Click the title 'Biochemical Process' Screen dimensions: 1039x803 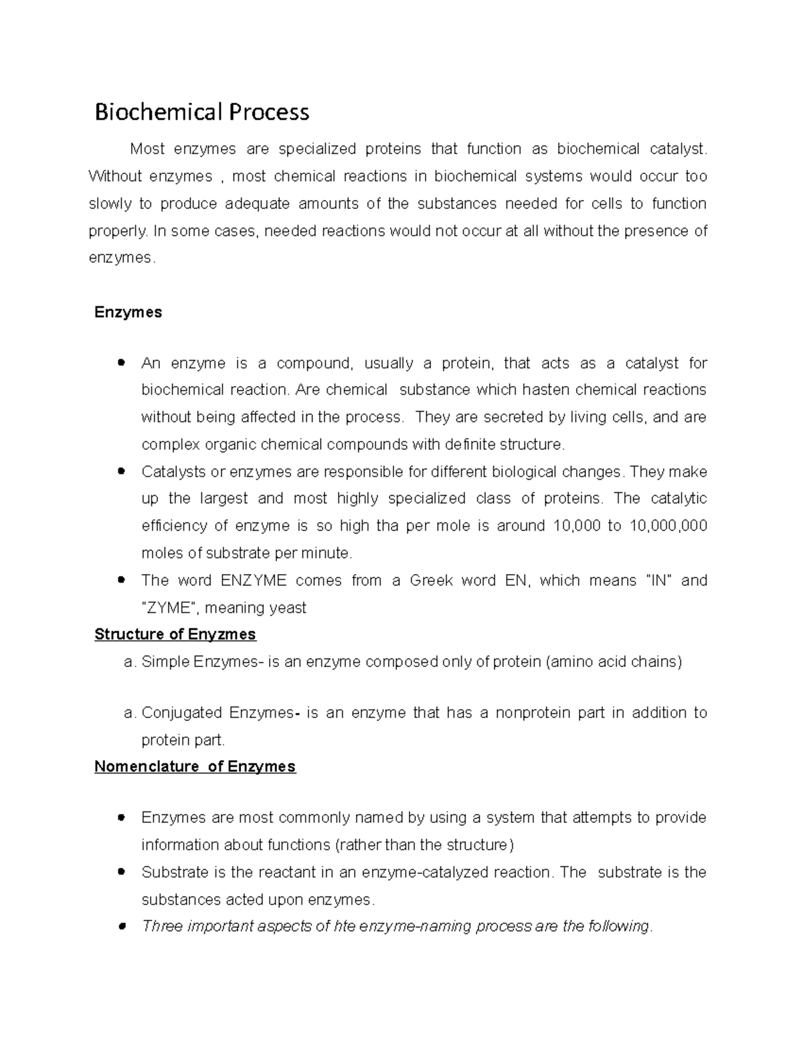pos(201,112)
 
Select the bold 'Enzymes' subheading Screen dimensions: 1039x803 pos(128,312)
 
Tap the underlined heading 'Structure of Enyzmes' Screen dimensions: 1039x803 pos(175,634)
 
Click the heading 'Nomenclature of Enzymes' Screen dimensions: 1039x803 pos(195,767)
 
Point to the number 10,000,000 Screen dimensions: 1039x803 pos(668,526)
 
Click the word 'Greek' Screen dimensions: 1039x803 pos(431,580)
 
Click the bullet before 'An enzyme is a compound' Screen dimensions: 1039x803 pos(121,363)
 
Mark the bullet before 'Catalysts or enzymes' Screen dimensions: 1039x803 pos(121,472)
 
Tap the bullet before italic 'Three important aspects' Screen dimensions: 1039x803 pos(121,927)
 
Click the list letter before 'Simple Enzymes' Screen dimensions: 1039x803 pos(129,662)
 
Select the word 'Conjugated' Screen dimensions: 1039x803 pos(181,713)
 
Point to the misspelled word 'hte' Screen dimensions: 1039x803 pos(345,927)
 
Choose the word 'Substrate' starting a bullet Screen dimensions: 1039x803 pos(175,872)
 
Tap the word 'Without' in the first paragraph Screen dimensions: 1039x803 pos(115,177)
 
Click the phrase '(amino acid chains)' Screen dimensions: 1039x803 pos(614,662)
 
